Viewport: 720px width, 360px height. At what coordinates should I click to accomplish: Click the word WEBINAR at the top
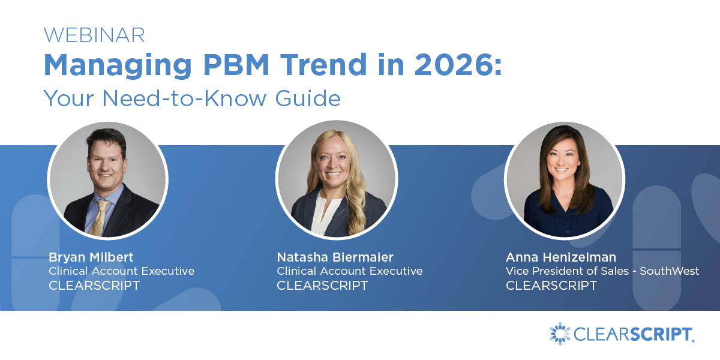(x=94, y=35)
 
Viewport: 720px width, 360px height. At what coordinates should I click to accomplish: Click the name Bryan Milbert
(x=91, y=257)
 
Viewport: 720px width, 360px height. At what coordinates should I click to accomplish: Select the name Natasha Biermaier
(x=335, y=257)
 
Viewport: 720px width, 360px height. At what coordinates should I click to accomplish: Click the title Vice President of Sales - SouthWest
(x=602, y=271)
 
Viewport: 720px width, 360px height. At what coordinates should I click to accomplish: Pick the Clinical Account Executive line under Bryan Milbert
(x=121, y=271)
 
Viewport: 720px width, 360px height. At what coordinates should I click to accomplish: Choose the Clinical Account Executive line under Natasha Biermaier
(x=349, y=271)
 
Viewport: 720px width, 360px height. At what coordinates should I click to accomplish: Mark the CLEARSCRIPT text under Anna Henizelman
(x=551, y=286)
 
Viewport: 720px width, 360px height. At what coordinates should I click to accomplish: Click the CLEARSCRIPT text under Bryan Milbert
(x=94, y=286)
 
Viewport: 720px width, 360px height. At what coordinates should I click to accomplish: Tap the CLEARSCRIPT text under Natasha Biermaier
(x=322, y=286)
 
